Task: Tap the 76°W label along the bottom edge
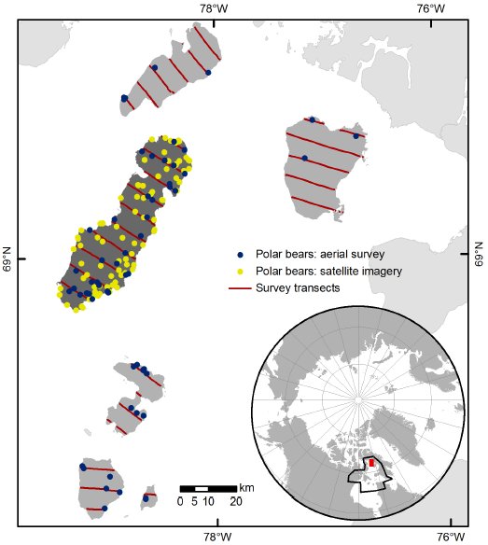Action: pyautogui.click(x=452, y=537)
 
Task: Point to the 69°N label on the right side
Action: pyautogui.click(x=479, y=259)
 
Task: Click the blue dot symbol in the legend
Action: pyautogui.click(x=241, y=254)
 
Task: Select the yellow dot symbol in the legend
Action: pyautogui.click(x=241, y=271)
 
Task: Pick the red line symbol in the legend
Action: pyautogui.click(x=241, y=287)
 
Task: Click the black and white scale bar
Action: pyautogui.click(x=207, y=488)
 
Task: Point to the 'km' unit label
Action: pyautogui.click(x=245, y=488)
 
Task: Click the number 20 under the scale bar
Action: pyautogui.click(x=236, y=501)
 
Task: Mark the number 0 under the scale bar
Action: pyautogui.click(x=180, y=501)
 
